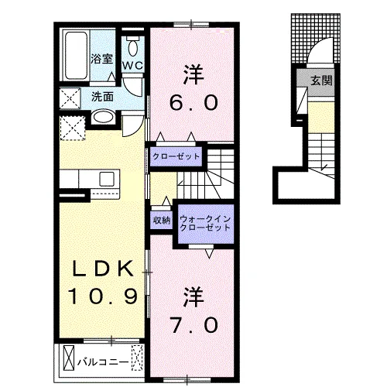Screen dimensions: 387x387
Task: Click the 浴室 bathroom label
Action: (x=101, y=59)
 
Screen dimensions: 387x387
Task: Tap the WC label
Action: (x=132, y=66)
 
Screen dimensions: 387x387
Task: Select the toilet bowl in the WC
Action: (x=133, y=46)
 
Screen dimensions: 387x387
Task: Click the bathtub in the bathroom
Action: (x=75, y=56)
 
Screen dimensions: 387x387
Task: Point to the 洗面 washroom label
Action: (x=103, y=97)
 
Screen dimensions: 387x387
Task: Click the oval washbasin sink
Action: (x=103, y=118)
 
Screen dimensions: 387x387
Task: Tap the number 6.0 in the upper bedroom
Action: (x=193, y=103)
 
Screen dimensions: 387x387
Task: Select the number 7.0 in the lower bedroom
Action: (x=194, y=325)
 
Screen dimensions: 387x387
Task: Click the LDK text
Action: (x=103, y=269)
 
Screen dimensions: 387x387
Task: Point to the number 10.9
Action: (x=102, y=296)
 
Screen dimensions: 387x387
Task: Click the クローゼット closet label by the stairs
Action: (x=176, y=156)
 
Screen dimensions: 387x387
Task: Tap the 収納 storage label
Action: (x=162, y=220)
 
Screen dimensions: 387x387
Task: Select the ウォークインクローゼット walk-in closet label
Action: (x=205, y=224)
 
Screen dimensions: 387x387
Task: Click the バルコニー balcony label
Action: (x=103, y=362)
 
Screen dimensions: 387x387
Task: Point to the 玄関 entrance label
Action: (x=321, y=80)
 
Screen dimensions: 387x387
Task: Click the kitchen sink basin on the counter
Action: (x=107, y=179)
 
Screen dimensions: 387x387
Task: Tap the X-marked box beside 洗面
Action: (x=70, y=98)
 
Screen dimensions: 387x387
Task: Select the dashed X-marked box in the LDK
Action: (x=73, y=128)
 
